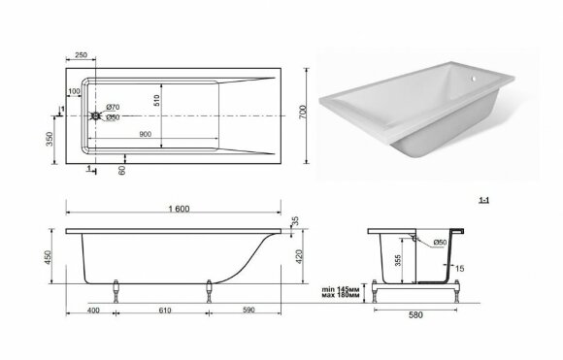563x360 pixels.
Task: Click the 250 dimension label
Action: pos(81,55)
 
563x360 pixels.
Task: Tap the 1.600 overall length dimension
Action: pos(179,209)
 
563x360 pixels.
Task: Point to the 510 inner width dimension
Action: pos(156,101)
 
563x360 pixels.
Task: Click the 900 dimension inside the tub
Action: pos(145,134)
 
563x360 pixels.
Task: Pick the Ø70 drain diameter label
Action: pos(113,107)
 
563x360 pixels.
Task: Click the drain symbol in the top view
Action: pos(96,115)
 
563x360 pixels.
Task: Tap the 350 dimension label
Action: pos(50,139)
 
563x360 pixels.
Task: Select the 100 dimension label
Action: pos(74,91)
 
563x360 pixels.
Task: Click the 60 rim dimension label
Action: pos(122,170)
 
